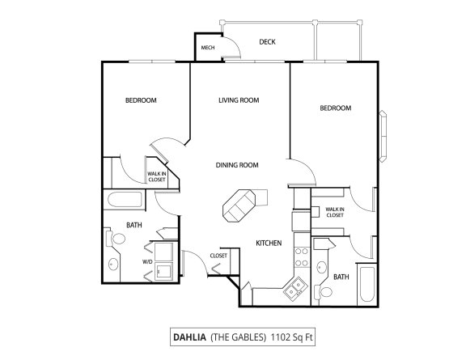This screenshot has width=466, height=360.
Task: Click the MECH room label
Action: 206,48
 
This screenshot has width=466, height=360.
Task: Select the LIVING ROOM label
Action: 238,100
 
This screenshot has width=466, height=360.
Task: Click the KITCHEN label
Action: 268,243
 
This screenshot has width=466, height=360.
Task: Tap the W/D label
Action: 147,262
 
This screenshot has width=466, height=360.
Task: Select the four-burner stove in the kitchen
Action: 301,256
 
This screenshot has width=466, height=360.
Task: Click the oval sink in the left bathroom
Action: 112,264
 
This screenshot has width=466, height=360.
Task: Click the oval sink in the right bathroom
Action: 322,267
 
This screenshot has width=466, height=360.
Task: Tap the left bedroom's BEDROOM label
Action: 141,100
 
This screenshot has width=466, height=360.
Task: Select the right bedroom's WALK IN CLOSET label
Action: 334,212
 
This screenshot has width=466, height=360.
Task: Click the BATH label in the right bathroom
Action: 341,277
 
